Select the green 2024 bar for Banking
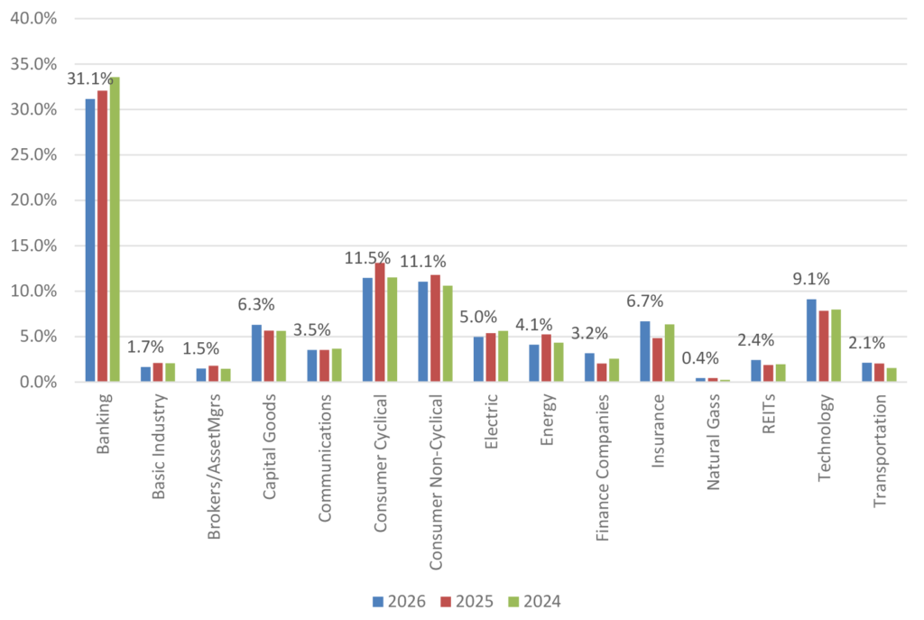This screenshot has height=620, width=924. (x=115, y=229)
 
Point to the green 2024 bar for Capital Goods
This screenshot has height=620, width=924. (x=281, y=356)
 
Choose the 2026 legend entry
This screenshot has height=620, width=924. (x=393, y=600)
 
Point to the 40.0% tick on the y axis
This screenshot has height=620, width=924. (x=32, y=18)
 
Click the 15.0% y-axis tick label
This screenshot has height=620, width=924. (x=32, y=246)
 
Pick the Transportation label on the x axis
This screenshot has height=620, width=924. (x=881, y=448)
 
